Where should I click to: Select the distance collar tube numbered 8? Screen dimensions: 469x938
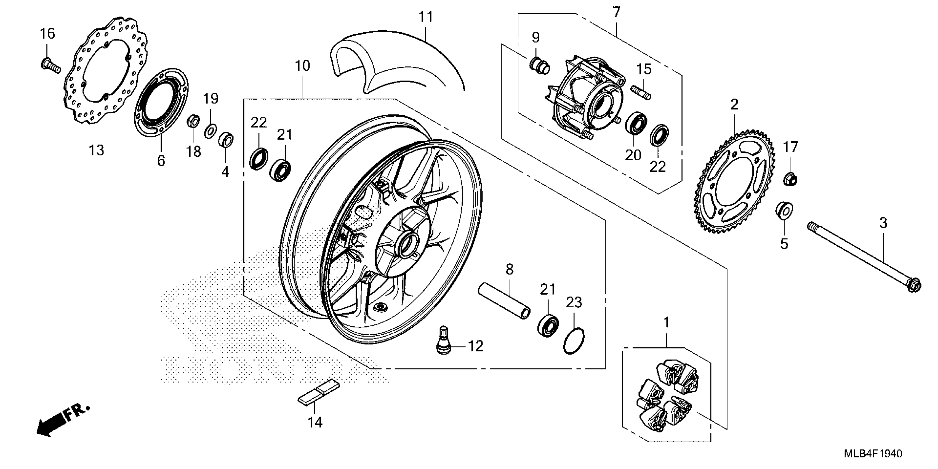[504, 301]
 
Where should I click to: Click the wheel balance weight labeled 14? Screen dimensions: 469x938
[319, 392]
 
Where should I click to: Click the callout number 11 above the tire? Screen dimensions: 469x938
[425, 17]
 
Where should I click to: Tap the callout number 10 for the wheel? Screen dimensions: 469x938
[302, 66]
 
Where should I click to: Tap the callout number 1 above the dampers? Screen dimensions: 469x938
[666, 323]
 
